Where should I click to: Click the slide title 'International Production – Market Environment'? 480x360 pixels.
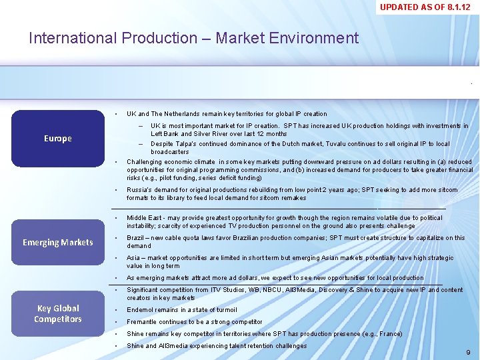193,38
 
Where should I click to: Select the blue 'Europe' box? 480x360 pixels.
57,139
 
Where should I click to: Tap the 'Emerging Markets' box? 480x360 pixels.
57,242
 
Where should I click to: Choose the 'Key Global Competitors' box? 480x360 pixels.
57,313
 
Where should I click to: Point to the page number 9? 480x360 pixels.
468,351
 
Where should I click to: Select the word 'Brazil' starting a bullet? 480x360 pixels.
135,238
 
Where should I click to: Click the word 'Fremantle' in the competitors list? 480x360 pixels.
142,322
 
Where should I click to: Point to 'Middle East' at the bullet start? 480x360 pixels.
143,218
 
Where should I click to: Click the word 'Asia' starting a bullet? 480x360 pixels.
133,258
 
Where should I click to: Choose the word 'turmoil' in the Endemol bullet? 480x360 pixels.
225,310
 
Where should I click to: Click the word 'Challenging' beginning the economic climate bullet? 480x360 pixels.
145,162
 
